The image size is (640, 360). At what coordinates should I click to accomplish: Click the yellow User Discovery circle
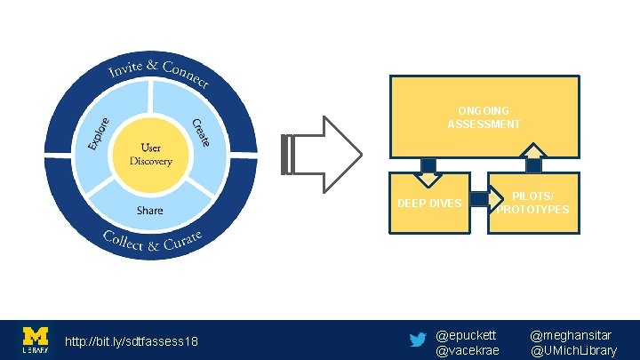[149, 155]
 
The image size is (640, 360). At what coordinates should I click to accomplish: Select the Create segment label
[201, 132]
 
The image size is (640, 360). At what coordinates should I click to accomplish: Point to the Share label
[149, 211]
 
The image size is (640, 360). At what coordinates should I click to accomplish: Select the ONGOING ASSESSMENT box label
[484, 117]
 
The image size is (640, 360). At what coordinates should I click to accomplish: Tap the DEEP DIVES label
[429, 204]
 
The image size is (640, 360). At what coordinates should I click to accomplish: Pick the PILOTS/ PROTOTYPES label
[533, 203]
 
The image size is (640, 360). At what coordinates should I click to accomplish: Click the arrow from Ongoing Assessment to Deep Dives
[428, 170]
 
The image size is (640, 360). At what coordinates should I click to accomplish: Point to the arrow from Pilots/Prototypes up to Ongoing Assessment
[533, 159]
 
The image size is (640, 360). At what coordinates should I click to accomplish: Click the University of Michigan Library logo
[36, 340]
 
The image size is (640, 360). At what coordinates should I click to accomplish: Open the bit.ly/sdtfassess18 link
[132, 342]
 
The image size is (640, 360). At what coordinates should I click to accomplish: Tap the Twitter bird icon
[417, 340]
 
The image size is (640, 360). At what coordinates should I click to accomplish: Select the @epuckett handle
[466, 335]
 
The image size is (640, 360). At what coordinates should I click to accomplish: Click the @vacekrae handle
[468, 350]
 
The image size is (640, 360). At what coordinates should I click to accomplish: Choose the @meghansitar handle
[571, 335]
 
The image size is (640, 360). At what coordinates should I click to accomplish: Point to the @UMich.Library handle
[574, 350]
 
